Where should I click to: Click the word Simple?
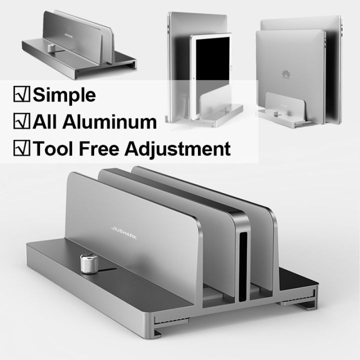[x=64, y=94]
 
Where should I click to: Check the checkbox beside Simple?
[x=22, y=94]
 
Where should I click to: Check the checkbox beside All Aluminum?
[x=22, y=121]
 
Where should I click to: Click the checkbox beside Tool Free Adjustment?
[x=22, y=148]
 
